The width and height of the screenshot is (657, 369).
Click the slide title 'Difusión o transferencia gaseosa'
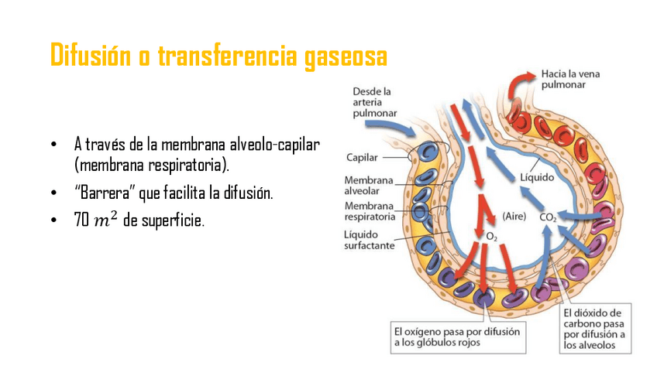tap(218, 56)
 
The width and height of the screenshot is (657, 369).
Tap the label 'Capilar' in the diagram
tap(361, 157)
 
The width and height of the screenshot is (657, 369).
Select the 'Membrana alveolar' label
tap(369, 185)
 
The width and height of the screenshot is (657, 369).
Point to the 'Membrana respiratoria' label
tap(370, 211)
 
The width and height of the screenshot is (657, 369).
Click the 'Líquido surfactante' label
tap(370, 240)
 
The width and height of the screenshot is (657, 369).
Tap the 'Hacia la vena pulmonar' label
tap(571, 80)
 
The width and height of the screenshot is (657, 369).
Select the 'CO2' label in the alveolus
tap(549, 218)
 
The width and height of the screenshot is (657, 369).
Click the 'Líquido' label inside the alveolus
tap(537, 177)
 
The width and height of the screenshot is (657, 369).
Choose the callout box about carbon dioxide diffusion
tap(595, 330)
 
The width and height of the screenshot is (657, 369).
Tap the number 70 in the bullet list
tap(81, 220)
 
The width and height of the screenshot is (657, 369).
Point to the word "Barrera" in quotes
tap(105, 193)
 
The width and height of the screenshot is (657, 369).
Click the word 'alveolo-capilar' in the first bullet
tap(279, 145)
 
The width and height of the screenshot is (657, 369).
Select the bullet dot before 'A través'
tap(53, 145)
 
